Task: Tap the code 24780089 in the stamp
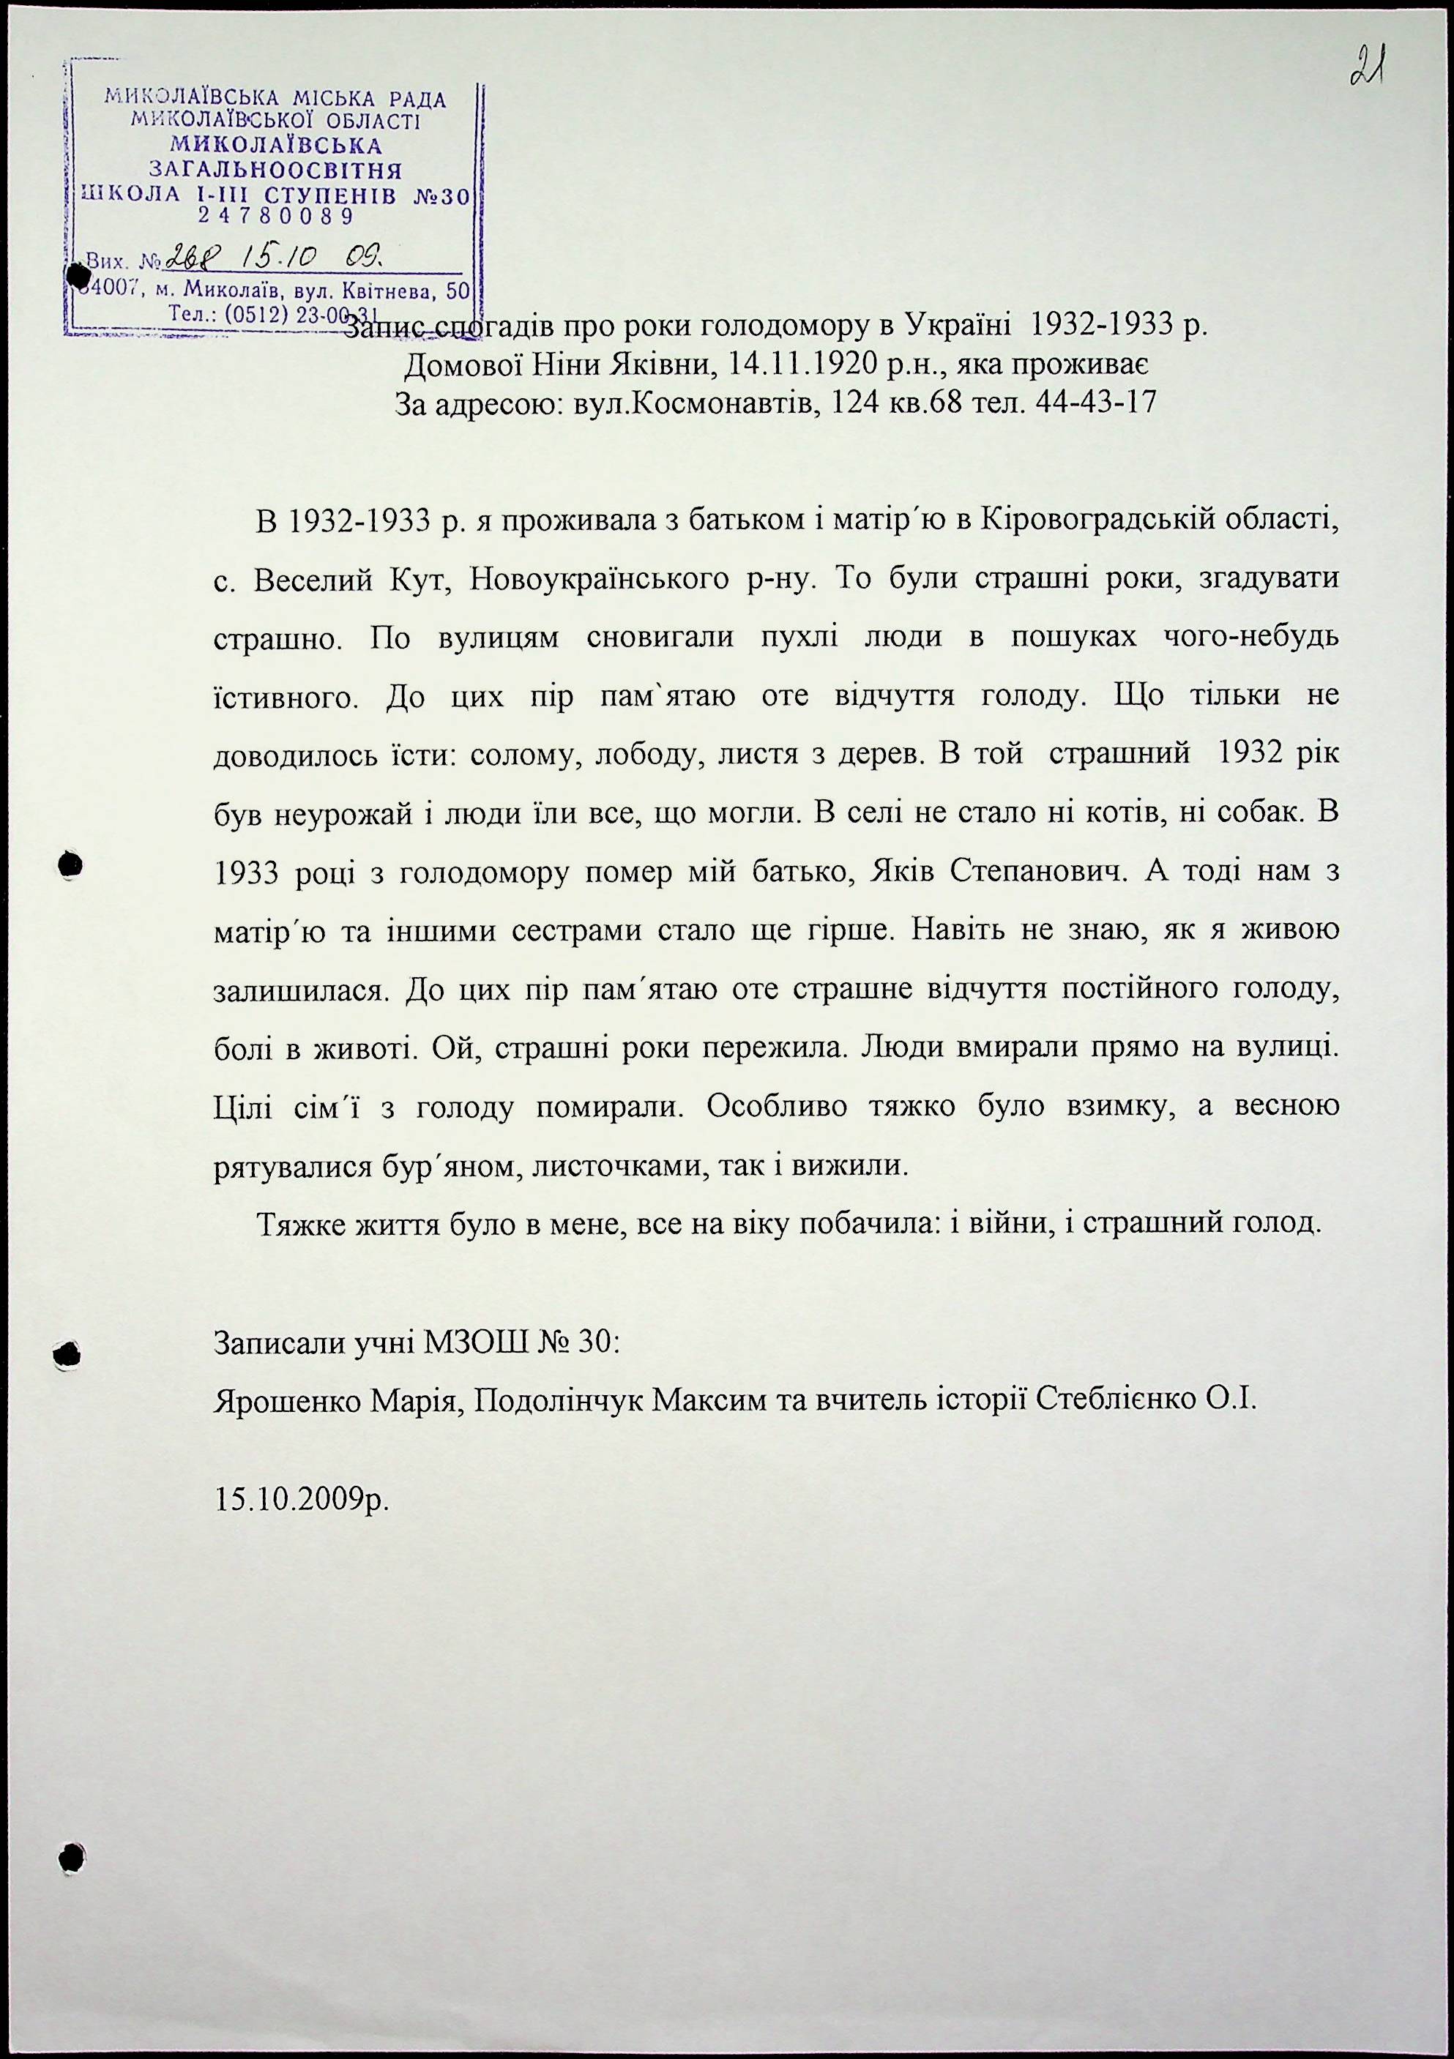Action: pyautogui.click(x=276, y=216)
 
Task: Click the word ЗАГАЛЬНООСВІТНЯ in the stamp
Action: pyautogui.click(x=275, y=170)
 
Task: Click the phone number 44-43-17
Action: pyautogui.click(x=1095, y=403)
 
